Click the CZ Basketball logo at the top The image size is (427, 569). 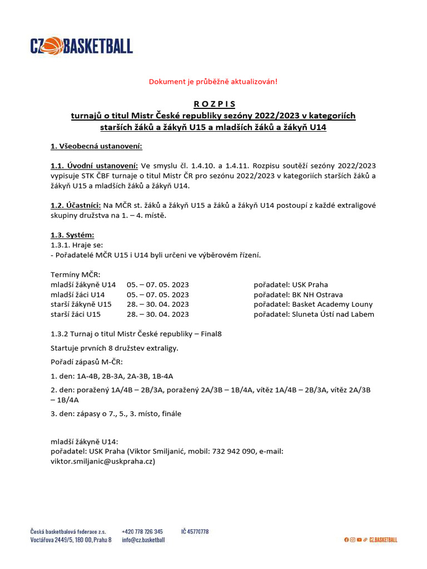(x=81, y=46)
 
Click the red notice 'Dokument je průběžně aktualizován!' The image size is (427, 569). (x=213, y=82)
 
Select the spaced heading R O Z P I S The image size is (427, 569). (x=214, y=104)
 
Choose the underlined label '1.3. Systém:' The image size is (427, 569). (x=72, y=235)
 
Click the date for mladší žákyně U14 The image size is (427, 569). (x=158, y=284)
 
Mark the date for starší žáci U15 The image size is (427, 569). (x=158, y=315)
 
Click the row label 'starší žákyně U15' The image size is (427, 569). (x=81, y=305)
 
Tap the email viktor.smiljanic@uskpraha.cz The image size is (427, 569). (x=103, y=461)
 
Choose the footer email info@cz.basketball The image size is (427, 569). (x=143, y=540)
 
